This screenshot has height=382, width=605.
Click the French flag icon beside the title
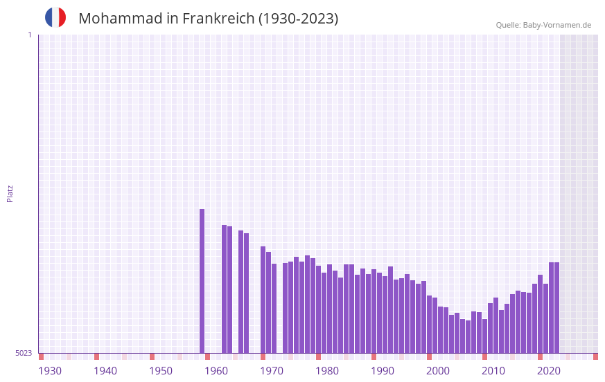(x=55, y=17)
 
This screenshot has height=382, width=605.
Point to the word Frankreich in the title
(x=218, y=19)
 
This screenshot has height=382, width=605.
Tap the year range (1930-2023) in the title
(x=298, y=19)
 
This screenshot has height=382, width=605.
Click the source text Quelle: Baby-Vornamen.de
(x=543, y=25)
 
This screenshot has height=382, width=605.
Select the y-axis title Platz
(x=10, y=193)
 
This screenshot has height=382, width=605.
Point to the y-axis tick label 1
(x=29, y=35)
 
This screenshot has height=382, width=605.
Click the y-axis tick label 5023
(x=24, y=353)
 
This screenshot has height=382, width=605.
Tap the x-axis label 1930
(x=50, y=371)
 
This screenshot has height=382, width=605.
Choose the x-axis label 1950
(x=161, y=371)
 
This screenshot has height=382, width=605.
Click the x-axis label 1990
(x=383, y=371)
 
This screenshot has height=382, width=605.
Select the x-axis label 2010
(x=493, y=371)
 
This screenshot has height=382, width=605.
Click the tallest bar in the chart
(x=202, y=280)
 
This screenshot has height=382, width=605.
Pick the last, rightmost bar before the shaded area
(x=556, y=307)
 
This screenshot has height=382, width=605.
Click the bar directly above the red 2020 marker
(x=540, y=313)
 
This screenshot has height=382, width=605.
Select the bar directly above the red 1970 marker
(x=263, y=299)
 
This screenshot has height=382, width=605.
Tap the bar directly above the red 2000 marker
(x=429, y=324)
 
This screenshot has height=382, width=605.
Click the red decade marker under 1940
(x=96, y=356)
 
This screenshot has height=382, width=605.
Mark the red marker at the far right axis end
(x=595, y=356)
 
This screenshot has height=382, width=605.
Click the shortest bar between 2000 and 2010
(x=468, y=336)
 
